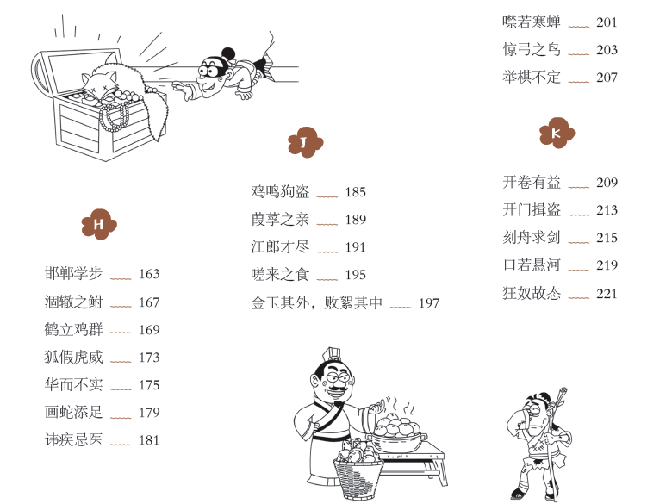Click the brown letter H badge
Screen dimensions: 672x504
tap(99, 224)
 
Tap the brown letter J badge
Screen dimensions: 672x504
tap(305, 142)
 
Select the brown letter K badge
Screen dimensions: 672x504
tap(557, 133)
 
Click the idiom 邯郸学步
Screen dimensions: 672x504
tap(73, 273)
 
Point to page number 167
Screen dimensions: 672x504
tap(149, 302)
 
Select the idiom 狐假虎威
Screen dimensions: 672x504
tap(73, 357)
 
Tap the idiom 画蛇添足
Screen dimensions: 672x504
tap(73, 413)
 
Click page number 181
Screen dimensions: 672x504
tap(149, 440)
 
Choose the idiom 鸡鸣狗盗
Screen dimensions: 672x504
tap(280, 191)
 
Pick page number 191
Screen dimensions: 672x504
tap(355, 247)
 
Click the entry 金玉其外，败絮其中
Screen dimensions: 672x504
tap(316, 302)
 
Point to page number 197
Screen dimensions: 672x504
tap(429, 303)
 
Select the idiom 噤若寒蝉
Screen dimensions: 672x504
tap(532, 22)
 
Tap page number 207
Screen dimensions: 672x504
tap(607, 78)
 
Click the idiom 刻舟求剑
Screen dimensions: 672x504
tap(532, 238)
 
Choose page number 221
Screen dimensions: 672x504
tap(607, 294)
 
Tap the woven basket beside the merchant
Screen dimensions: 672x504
tap(358, 476)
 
